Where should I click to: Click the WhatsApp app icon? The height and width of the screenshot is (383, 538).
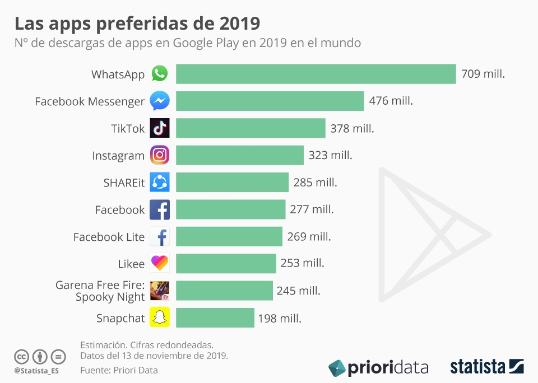[x=160, y=74]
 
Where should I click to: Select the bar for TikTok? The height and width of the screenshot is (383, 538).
[x=251, y=128]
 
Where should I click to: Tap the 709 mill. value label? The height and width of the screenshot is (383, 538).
[x=483, y=74]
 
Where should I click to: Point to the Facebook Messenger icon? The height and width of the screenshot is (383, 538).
[x=160, y=101]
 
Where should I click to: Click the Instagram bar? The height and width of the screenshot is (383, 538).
[x=240, y=155]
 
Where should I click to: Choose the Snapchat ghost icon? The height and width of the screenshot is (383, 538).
[x=160, y=318]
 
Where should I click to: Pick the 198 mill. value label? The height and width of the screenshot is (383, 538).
[x=280, y=319]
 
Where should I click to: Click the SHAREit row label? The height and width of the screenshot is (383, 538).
[x=124, y=183]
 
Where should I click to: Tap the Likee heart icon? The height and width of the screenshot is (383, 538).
[x=160, y=264]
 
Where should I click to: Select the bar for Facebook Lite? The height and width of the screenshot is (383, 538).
[x=229, y=237]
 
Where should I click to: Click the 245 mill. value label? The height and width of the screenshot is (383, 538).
[x=298, y=291]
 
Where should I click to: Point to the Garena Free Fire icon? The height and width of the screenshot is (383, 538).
[x=160, y=291]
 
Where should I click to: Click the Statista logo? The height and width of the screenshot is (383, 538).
[x=487, y=367]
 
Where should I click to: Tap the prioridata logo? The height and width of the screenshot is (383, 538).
[x=378, y=367]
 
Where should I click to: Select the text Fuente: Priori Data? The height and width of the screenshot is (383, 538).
[x=119, y=370]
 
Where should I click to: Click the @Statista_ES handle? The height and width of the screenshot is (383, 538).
[x=36, y=371]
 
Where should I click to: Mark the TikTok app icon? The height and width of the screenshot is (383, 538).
[x=160, y=128]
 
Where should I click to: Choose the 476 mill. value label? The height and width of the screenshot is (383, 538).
[x=391, y=101]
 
